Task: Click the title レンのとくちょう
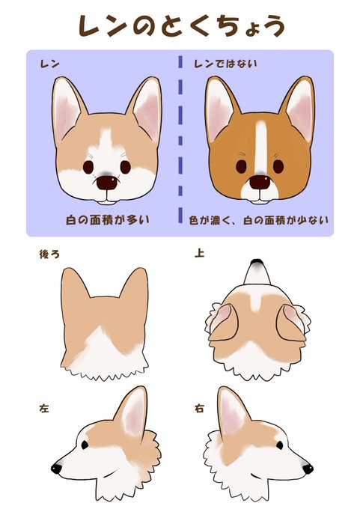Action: point(181,25)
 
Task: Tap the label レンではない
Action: point(225,64)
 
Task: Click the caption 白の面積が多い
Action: point(108,220)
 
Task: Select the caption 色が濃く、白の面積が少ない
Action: point(259,220)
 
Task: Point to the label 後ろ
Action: point(49,254)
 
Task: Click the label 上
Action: point(199,253)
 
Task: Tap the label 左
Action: point(44,408)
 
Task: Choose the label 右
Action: point(199,408)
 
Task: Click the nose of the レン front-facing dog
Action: point(107,183)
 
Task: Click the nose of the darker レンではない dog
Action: point(260,182)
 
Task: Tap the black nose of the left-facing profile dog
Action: point(56,469)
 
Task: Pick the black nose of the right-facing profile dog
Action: point(308,469)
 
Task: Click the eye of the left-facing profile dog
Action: point(85,445)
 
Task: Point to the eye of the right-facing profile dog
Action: point(280,445)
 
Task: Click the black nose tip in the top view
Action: point(257,262)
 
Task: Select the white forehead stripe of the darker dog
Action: point(260,146)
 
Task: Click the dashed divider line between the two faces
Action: point(180,139)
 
